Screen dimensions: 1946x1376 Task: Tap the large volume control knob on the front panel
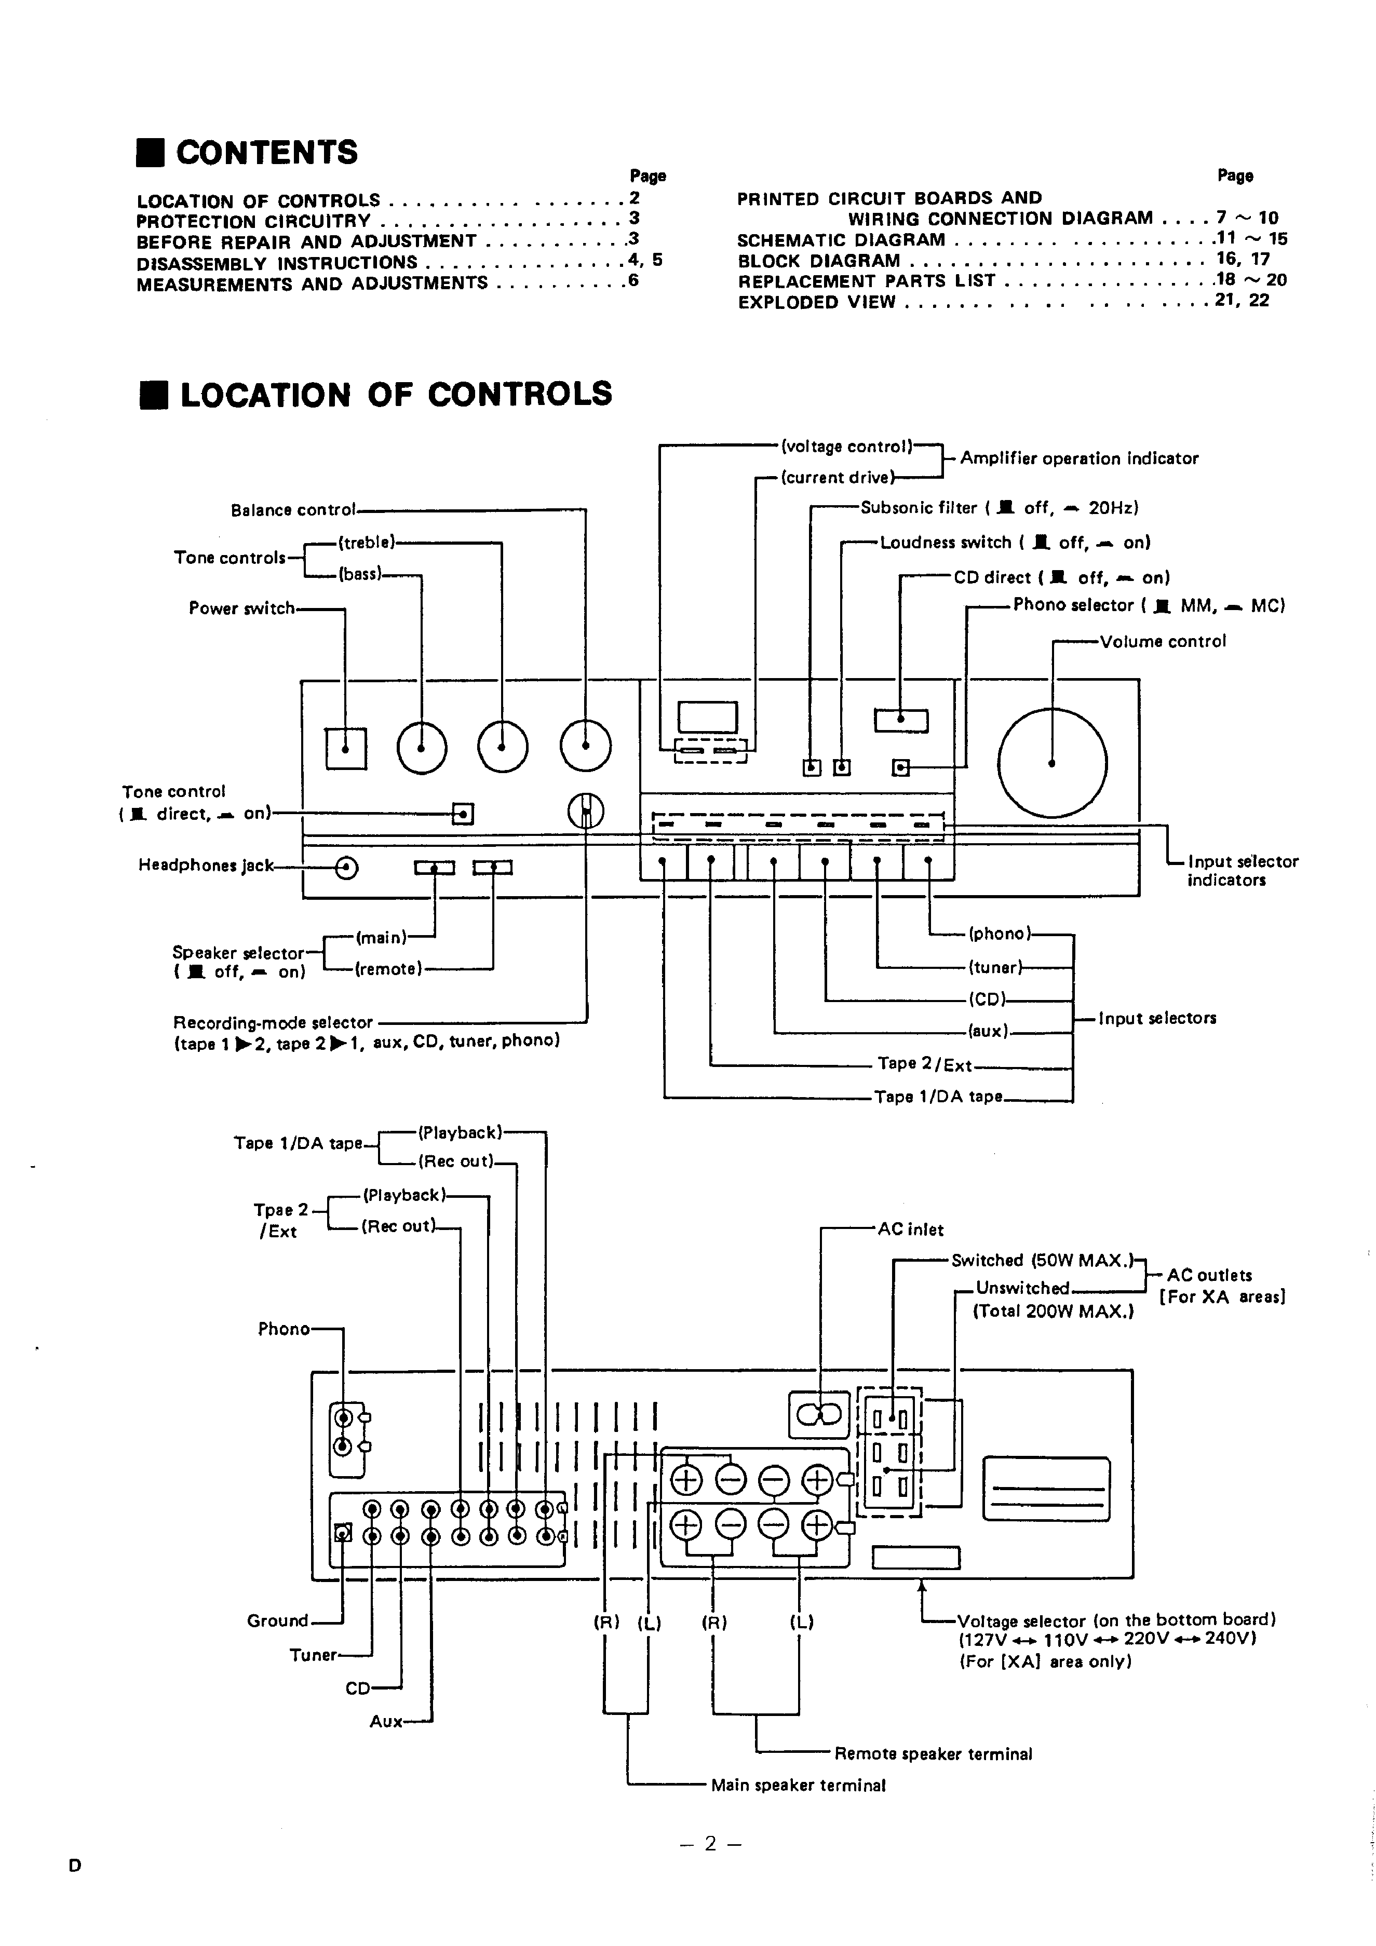tap(1052, 763)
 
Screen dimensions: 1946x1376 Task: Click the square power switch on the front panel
tap(346, 748)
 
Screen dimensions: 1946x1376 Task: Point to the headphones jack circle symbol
tap(347, 867)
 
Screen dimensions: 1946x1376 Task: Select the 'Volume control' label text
tap(1163, 642)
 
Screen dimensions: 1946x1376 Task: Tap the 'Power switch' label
tap(241, 609)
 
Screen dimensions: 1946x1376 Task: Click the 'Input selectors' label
tap(1157, 1018)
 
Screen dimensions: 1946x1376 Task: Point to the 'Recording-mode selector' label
tap(273, 1023)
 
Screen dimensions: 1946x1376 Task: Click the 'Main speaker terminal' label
tap(798, 1785)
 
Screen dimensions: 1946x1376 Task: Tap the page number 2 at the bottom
tap(710, 1843)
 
